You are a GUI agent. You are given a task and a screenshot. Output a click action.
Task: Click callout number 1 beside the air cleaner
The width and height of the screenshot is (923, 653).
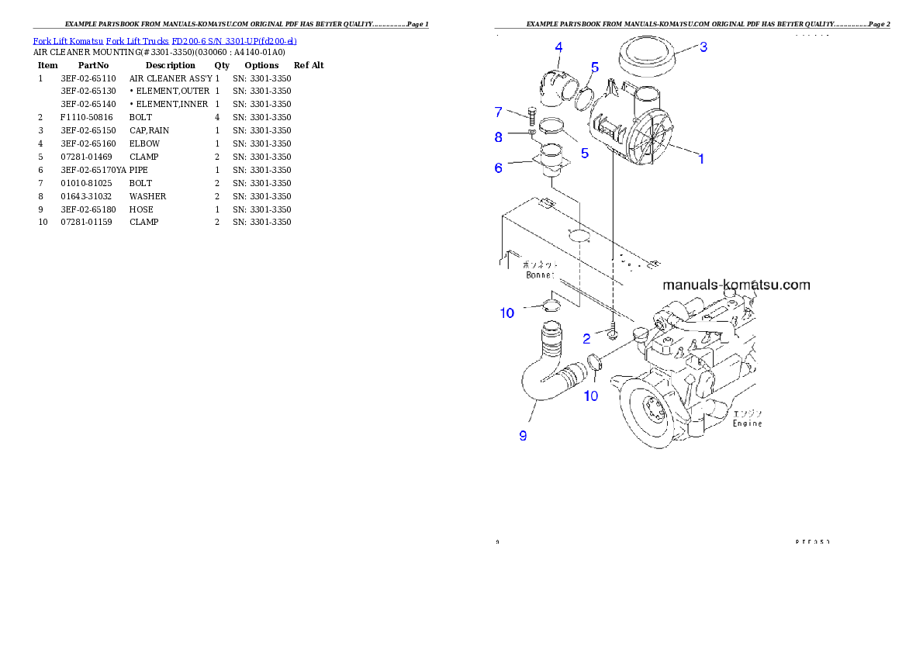coord(701,159)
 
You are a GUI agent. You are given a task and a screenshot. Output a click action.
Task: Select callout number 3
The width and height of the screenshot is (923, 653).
coord(703,47)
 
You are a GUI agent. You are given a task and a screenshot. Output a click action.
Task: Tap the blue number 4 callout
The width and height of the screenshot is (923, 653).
coord(558,48)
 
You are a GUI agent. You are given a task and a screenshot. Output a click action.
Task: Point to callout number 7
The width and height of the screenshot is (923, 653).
coord(500,112)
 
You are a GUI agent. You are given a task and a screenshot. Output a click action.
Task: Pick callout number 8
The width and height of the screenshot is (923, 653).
coord(499,137)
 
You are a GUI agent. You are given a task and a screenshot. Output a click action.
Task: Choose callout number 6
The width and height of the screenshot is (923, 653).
coord(500,167)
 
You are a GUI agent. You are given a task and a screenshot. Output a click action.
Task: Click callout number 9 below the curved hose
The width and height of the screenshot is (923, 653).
coord(523,436)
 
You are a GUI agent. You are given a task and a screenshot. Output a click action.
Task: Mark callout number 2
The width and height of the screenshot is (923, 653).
coord(587,338)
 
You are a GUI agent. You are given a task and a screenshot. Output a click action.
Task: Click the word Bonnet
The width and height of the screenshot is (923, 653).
coord(541,275)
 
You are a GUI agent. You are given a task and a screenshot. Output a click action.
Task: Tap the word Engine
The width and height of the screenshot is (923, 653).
coord(748,423)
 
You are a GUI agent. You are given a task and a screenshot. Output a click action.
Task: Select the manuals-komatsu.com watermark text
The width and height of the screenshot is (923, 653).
coord(736,285)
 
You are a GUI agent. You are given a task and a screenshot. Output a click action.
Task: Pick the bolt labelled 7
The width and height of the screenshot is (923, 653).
coord(531,117)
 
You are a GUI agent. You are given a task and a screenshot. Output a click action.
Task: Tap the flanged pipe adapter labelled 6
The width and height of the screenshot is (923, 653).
coord(550,164)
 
